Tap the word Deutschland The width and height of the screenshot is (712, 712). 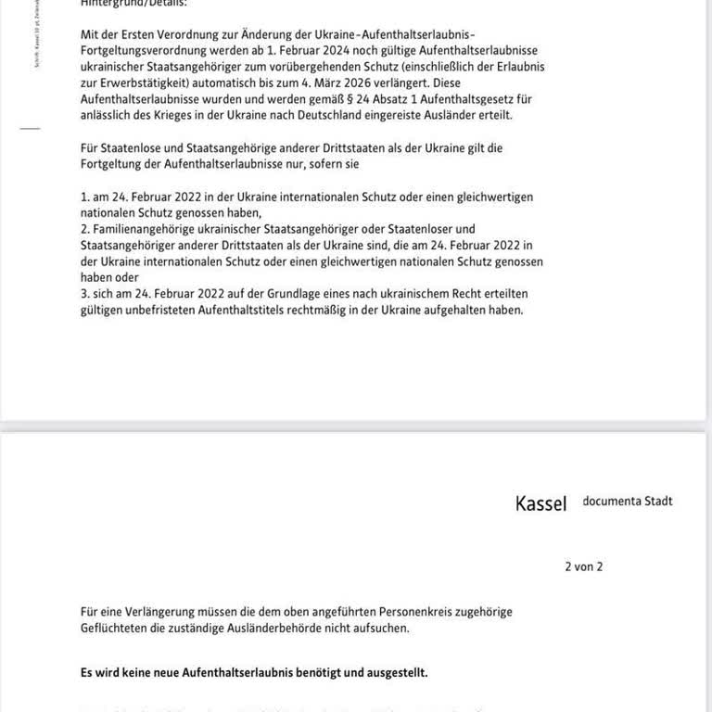pyautogui.click(x=322, y=115)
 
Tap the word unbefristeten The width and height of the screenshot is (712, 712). pyautogui.click(x=157, y=310)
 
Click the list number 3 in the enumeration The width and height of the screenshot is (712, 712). pyautogui.click(x=84, y=294)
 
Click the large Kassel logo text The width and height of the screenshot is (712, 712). pyautogui.click(x=540, y=504)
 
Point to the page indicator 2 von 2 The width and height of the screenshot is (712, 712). pyautogui.click(x=583, y=566)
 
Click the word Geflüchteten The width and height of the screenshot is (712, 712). pyautogui.click(x=118, y=628)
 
